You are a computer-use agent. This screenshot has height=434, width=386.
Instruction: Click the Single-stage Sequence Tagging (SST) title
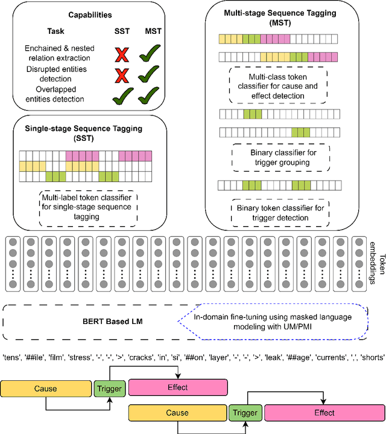[88, 133]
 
